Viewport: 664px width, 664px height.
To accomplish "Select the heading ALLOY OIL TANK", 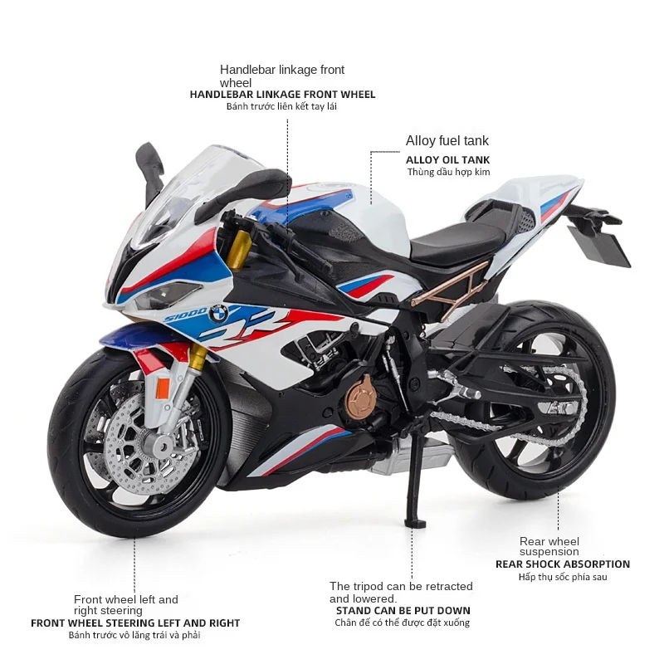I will point(447,159).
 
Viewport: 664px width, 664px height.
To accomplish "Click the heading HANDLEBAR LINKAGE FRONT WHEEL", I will point(282,95).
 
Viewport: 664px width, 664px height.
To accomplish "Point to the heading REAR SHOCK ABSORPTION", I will point(562,564).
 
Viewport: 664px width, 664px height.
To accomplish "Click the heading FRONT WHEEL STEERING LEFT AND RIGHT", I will point(135,622).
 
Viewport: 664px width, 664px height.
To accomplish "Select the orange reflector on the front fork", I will point(163,385).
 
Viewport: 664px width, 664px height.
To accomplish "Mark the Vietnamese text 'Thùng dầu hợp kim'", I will point(447,173).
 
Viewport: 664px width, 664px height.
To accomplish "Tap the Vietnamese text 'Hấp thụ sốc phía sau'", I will point(562,577).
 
